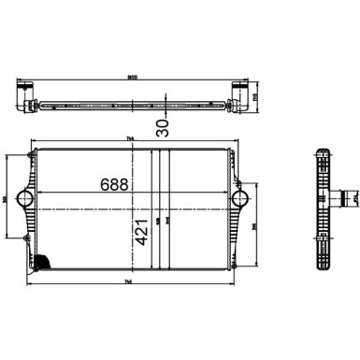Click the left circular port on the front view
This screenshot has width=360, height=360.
click(x=25, y=199)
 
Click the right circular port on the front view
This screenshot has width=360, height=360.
click(x=239, y=198)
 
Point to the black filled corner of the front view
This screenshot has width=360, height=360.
click(x=41, y=264)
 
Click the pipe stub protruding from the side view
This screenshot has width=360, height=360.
click(x=350, y=197)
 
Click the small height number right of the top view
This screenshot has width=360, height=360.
click(x=256, y=94)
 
